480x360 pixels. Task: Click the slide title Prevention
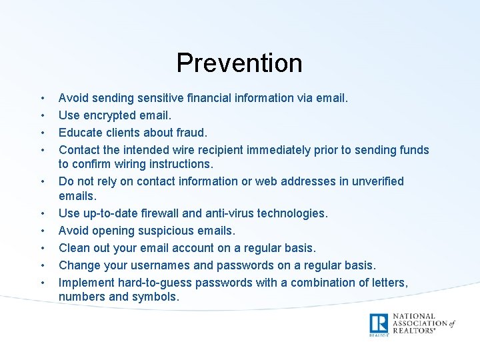[x=239, y=63]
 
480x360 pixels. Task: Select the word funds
[x=413, y=150]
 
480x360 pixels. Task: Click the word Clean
[x=75, y=248]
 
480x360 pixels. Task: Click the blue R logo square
[x=379, y=323]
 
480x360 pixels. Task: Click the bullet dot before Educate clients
[x=41, y=133]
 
